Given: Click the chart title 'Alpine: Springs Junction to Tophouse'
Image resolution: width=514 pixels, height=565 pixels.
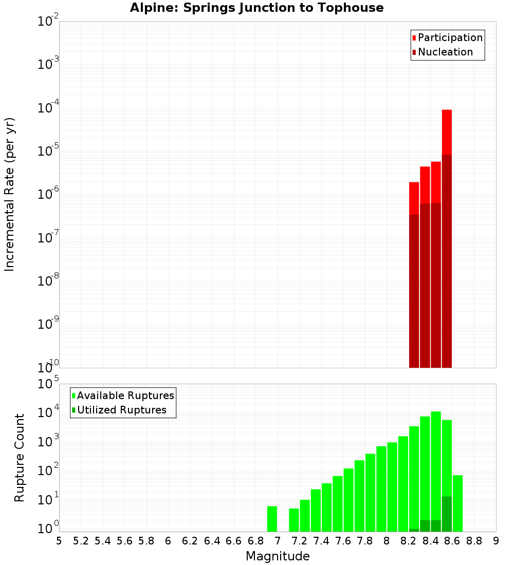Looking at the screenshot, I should pyautogui.click(x=256, y=8).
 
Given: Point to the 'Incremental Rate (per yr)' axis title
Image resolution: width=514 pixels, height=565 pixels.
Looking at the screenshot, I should pyautogui.click(x=10, y=194).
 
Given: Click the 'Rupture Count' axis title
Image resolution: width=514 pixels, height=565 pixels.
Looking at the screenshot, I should pyautogui.click(x=20, y=457).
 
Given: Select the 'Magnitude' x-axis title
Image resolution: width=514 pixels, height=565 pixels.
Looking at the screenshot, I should pyautogui.click(x=278, y=556).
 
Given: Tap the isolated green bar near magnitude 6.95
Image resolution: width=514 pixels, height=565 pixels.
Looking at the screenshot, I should pyautogui.click(x=272, y=519).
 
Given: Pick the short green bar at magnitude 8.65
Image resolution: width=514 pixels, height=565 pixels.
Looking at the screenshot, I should pyautogui.click(x=457, y=503).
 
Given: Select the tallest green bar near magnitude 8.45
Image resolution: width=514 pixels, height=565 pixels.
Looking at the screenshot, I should pyautogui.click(x=436, y=462).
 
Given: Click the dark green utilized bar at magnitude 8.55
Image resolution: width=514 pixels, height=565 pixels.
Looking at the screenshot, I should pyautogui.click(x=447, y=514).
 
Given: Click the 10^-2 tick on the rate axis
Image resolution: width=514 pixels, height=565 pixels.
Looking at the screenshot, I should pyautogui.click(x=48, y=22).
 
